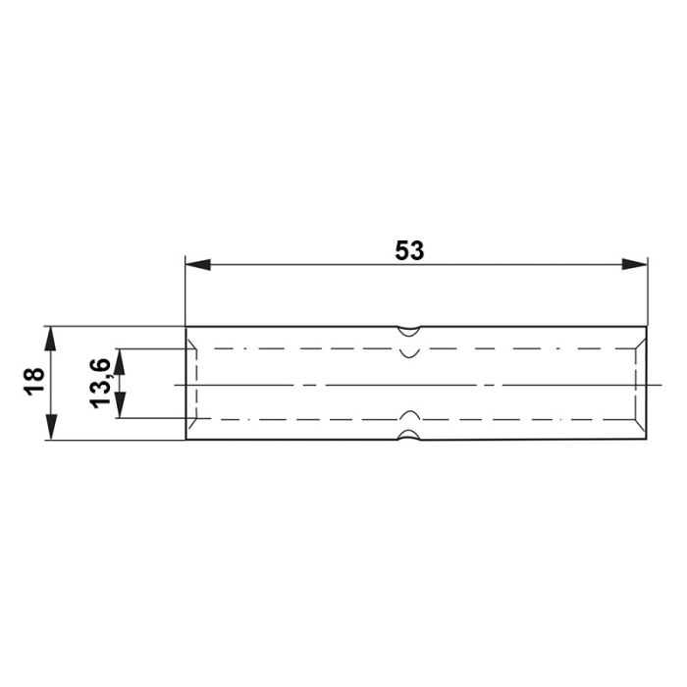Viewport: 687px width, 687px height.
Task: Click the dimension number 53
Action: [x=409, y=250]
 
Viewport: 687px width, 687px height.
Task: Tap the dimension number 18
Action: [x=34, y=382]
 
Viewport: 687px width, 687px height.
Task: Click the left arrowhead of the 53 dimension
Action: [x=198, y=265]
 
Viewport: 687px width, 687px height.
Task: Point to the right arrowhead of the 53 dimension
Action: [x=634, y=265]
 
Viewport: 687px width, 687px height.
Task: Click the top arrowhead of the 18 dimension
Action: [x=51, y=339]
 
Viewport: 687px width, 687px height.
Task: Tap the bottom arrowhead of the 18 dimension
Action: [x=51, y=427]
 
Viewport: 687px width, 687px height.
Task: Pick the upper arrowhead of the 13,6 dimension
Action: [x=120, y=361]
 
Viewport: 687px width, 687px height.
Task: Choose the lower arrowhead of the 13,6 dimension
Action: [x=120, y=405]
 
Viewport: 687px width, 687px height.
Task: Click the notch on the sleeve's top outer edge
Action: [x=409, y=332]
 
